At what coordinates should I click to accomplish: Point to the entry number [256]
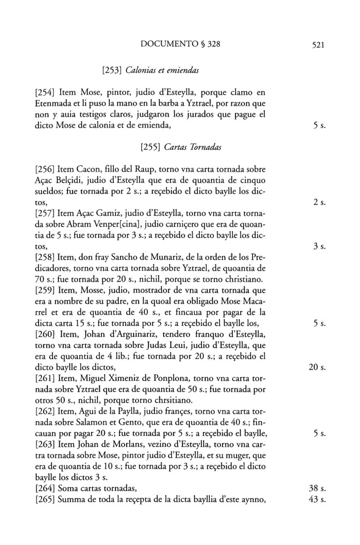click(46, 169)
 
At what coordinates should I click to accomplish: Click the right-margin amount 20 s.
click(316, 367)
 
